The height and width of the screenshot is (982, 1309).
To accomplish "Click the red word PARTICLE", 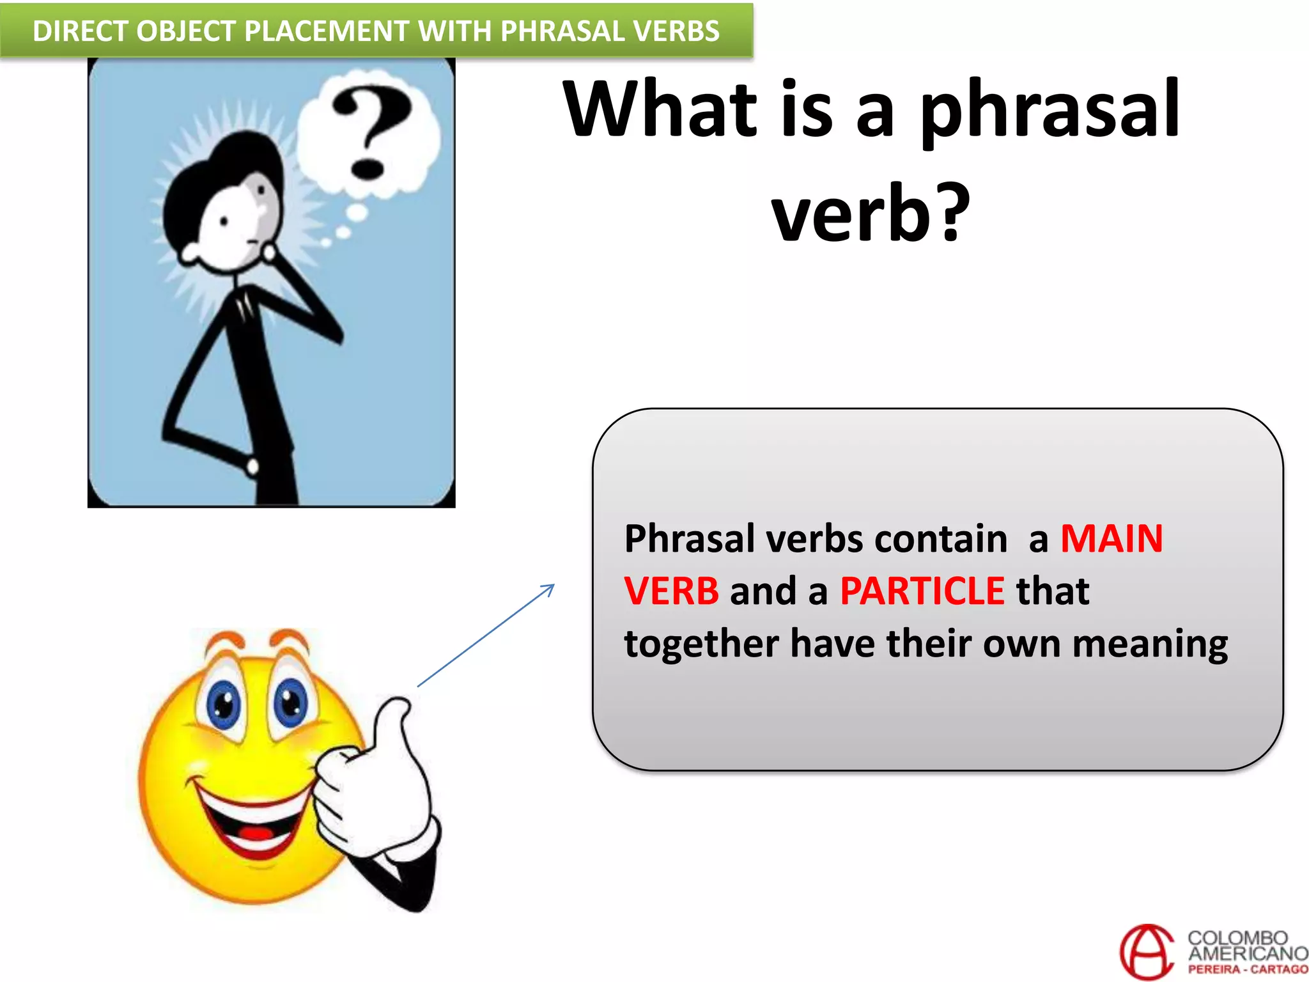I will point(922,591).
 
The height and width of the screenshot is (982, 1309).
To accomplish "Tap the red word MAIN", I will point(1111,538).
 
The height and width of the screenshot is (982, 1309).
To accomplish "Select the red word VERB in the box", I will point(671,591).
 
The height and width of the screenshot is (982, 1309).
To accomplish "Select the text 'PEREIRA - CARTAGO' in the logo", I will point(1247,970).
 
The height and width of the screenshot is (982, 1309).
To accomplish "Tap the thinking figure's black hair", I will point(217,179).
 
